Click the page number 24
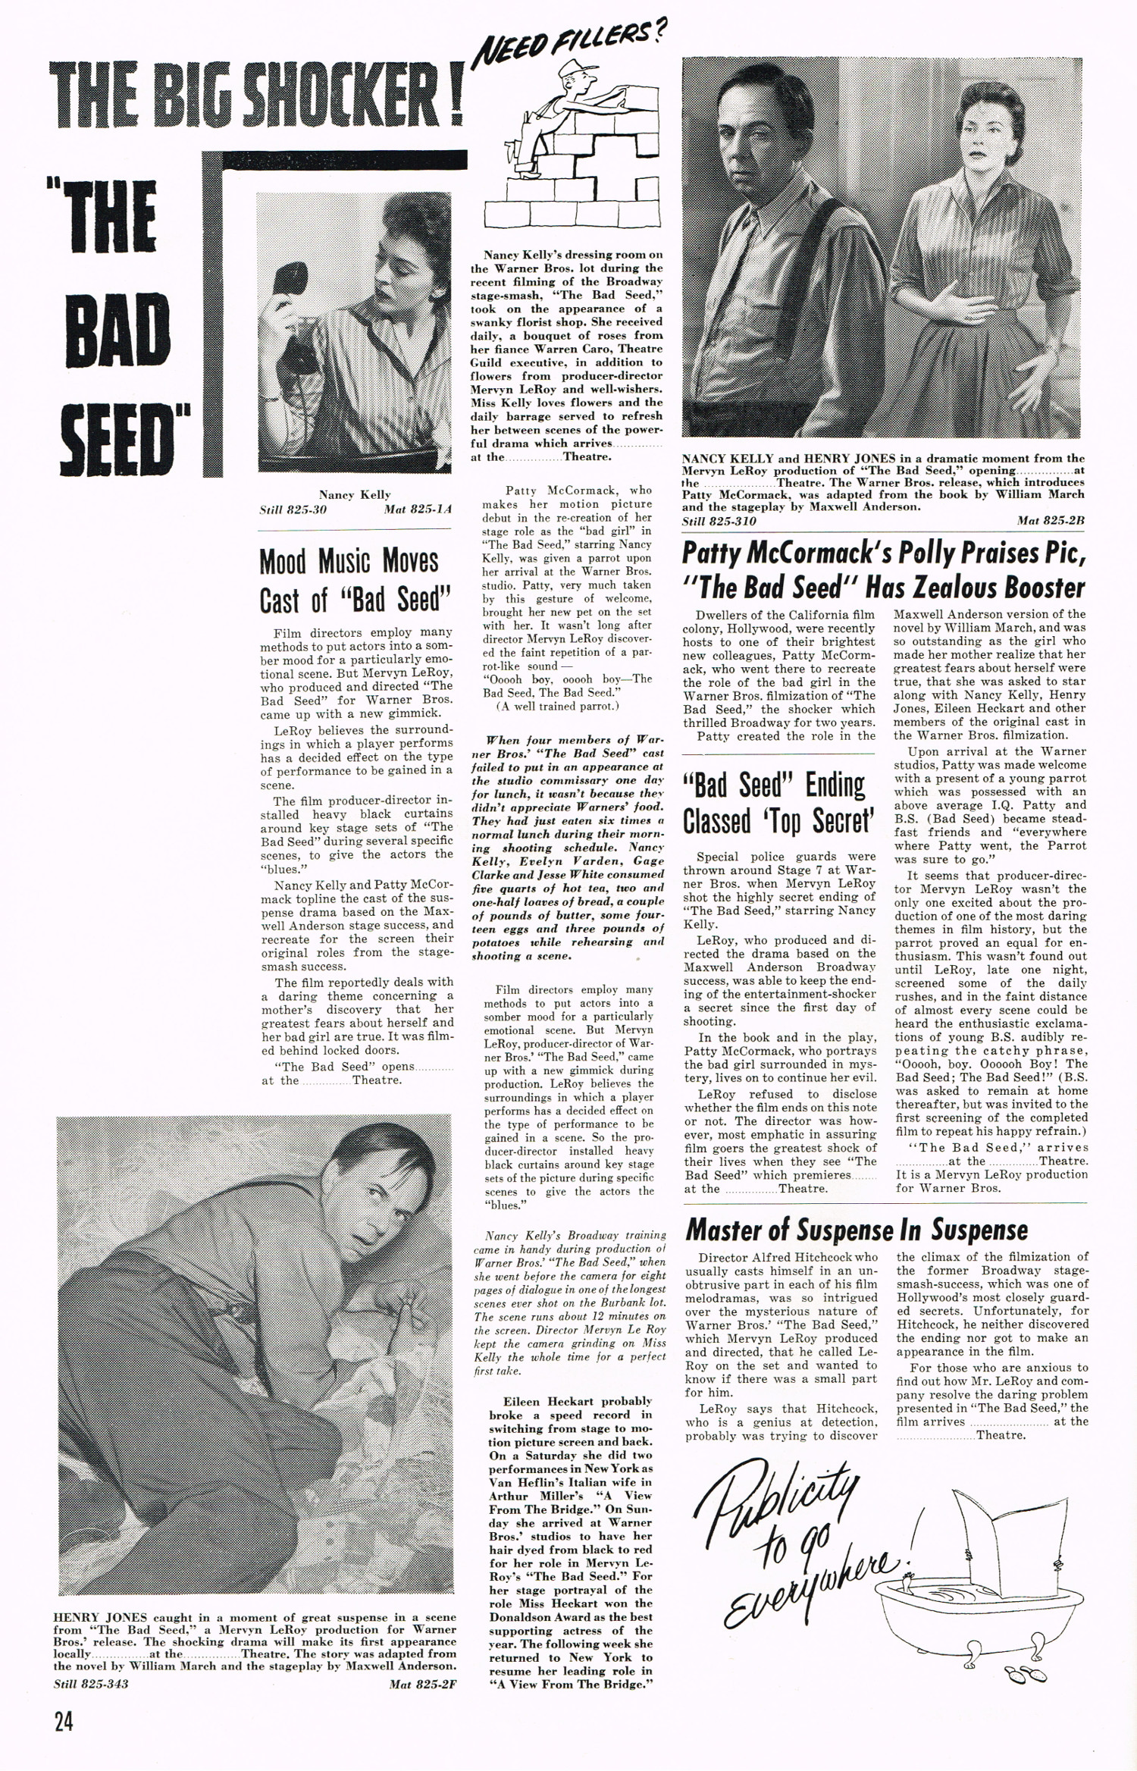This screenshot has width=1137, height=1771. click(64, 1722)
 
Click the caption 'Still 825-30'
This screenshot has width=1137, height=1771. click(293, 509)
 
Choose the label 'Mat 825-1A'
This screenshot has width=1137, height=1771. click(417, 509)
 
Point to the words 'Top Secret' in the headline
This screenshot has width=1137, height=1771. click(819, 821)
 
